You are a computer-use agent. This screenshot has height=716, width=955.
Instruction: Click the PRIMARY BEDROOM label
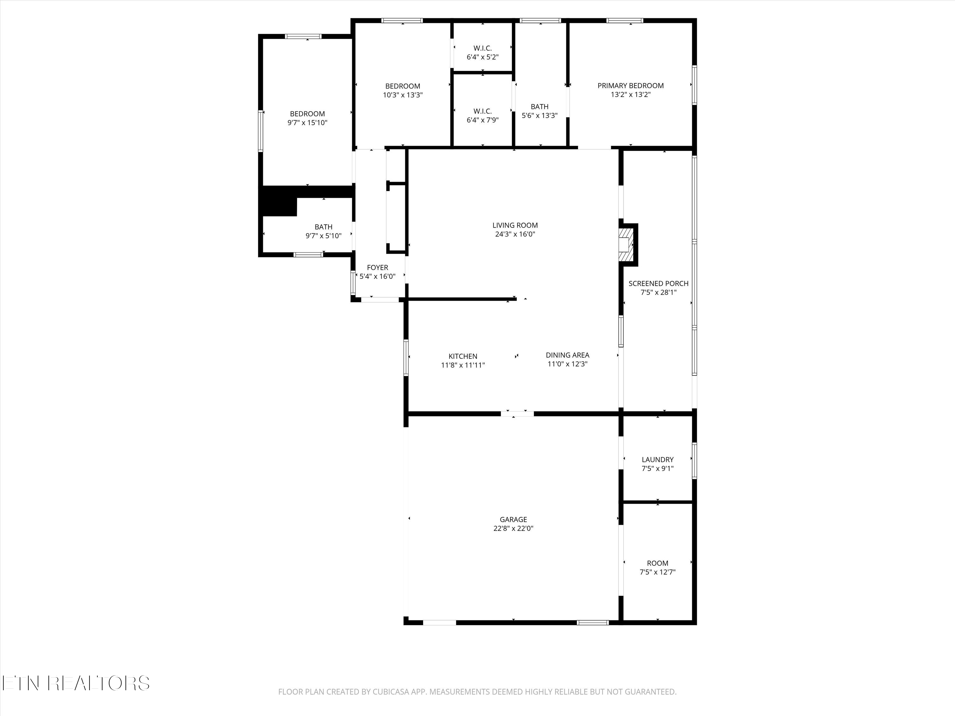(x=630, y=86)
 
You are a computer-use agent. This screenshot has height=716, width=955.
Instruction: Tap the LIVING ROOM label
(x=515, y=225)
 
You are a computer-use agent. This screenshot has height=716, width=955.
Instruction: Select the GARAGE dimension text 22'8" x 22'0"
(x=513, y=529)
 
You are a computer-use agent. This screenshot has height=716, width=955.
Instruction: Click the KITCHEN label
(x=463, y=356)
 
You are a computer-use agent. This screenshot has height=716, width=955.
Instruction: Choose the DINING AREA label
(x=567, y=355)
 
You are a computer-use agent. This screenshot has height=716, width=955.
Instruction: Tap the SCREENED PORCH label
(x=658, y=284)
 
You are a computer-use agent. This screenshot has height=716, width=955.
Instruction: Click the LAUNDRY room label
(x=658, y=460)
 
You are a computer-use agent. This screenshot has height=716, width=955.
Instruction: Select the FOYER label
(x=377, y=268)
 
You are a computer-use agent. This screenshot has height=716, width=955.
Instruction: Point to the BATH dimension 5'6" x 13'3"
(x=540, y=116)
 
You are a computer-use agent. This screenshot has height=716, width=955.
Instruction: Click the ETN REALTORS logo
(x=76, y=683)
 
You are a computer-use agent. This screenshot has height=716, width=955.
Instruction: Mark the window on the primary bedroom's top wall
(x=625, y=20)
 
